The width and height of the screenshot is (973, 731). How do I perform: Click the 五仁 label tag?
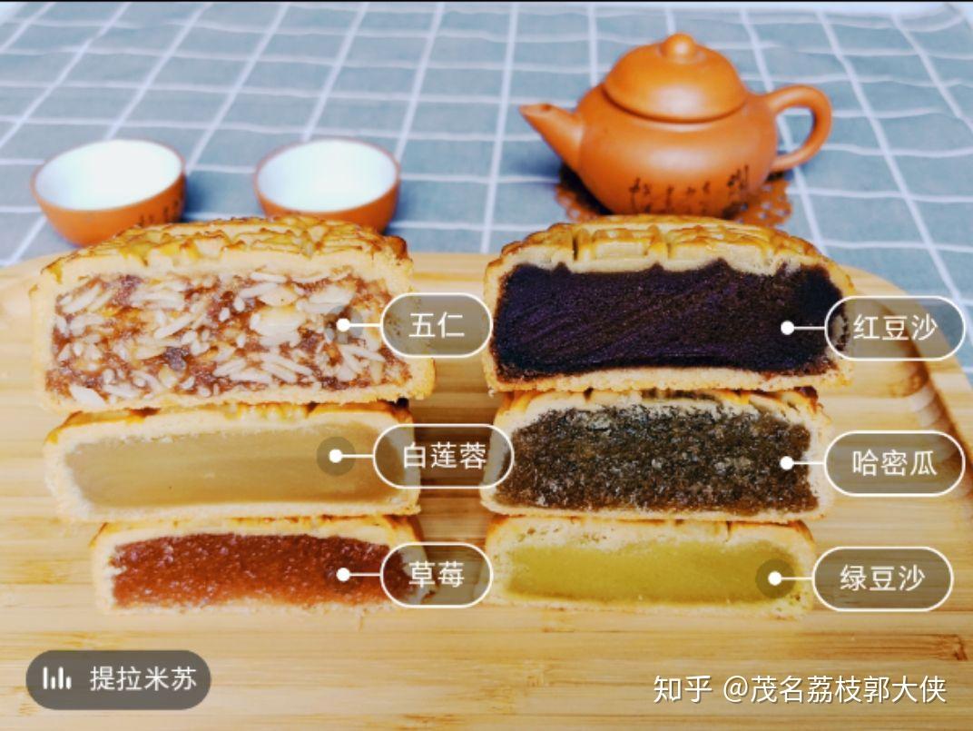[x=437, y=325]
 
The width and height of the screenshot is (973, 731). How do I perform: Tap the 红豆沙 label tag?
[x=894, y=328]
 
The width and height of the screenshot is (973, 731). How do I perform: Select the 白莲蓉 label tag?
[x=443, y=457]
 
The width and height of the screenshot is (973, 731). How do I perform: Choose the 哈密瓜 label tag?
[x=894, y=463]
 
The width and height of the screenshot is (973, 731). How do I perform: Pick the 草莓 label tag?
[x=437, y=575]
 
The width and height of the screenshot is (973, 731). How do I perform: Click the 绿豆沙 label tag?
[x=882, y=578]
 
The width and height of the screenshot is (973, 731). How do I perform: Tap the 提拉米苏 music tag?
[x=119, y=679]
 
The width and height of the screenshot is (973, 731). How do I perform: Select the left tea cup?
[x=109, y=190]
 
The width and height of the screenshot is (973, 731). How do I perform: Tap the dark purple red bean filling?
[x=664, y=320]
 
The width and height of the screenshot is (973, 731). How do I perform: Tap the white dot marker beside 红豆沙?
[x=788, y=328]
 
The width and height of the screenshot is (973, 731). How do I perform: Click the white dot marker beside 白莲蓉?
[x=336, y=457]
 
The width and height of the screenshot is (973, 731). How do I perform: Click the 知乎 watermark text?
[x=682, y=689]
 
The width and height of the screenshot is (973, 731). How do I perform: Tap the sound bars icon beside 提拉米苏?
[x=56, y=678]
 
